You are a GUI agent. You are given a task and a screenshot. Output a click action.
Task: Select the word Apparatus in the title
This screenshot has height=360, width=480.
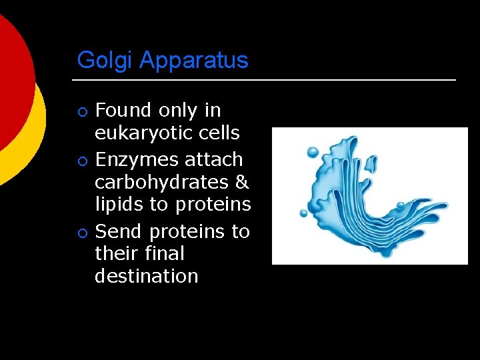[194, 61]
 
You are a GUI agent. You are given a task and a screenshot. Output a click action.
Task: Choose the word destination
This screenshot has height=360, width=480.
[147, 276]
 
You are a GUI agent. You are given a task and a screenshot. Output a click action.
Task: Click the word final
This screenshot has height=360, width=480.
[167, 253]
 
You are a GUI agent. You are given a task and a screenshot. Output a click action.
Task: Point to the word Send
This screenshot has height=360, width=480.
[119, 231]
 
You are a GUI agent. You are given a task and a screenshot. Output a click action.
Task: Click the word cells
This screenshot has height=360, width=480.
[221, 133]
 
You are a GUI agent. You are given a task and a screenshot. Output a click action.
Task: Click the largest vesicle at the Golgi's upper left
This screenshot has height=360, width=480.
[313, 153]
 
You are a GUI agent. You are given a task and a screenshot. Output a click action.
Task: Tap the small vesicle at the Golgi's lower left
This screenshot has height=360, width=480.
[304, 213]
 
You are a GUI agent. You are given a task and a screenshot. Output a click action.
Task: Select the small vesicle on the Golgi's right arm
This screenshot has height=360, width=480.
[400, 206]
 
